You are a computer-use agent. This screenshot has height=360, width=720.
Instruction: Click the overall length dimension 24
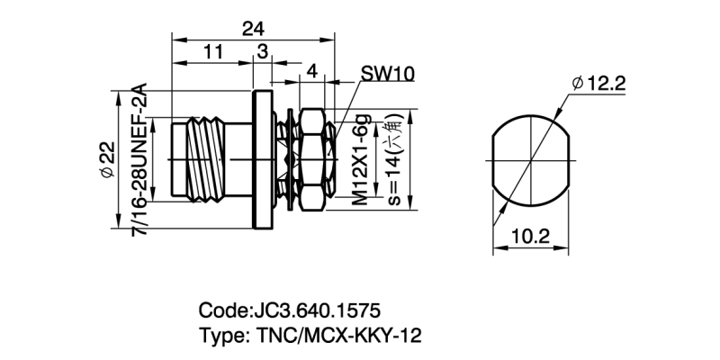point(253,29)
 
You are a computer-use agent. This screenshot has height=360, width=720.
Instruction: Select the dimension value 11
point(212,52)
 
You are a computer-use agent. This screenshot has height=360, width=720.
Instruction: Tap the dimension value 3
point(263,52)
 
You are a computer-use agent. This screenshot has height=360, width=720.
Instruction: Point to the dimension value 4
point(311,71)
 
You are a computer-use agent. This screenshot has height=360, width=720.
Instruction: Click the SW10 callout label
point(388,74)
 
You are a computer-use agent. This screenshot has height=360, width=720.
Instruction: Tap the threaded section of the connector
point(207,160)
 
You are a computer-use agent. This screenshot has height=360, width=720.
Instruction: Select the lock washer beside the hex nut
point(290,160)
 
